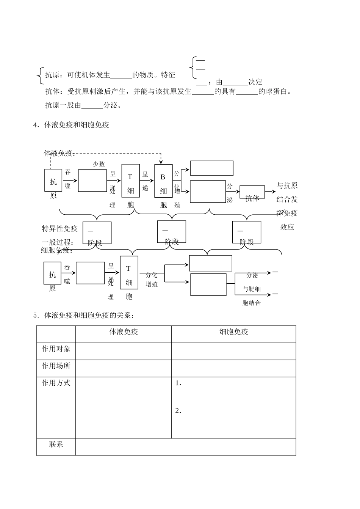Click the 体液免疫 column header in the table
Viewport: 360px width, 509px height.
[x=124, y=332]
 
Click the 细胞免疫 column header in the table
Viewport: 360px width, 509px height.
[x=233, y=332]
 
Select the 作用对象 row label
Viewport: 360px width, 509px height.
[x=56, y=349]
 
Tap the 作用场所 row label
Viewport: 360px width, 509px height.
[x=56, y=366]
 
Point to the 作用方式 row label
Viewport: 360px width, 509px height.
[x=56, y=383]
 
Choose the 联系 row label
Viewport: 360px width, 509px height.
[x=56, y=444]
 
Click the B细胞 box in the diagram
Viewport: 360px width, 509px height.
[x=163, y=181]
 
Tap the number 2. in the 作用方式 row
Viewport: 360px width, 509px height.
[x=178, y=411]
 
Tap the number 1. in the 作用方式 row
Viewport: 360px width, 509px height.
[x=178, y=383]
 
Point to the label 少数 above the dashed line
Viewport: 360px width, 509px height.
[x=99, y=164]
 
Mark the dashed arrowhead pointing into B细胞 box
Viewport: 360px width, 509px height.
[x=161, y=162]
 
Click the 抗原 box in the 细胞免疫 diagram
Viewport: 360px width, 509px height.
[x=52, y=273]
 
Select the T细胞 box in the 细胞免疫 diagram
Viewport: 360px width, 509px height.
[x=129, y=273]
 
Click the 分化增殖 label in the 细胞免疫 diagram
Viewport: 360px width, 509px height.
[x=152, y=280]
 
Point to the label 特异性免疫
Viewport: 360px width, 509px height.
[x=59, y=228]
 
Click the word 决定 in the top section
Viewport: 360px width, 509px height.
[x=255, y=82]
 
